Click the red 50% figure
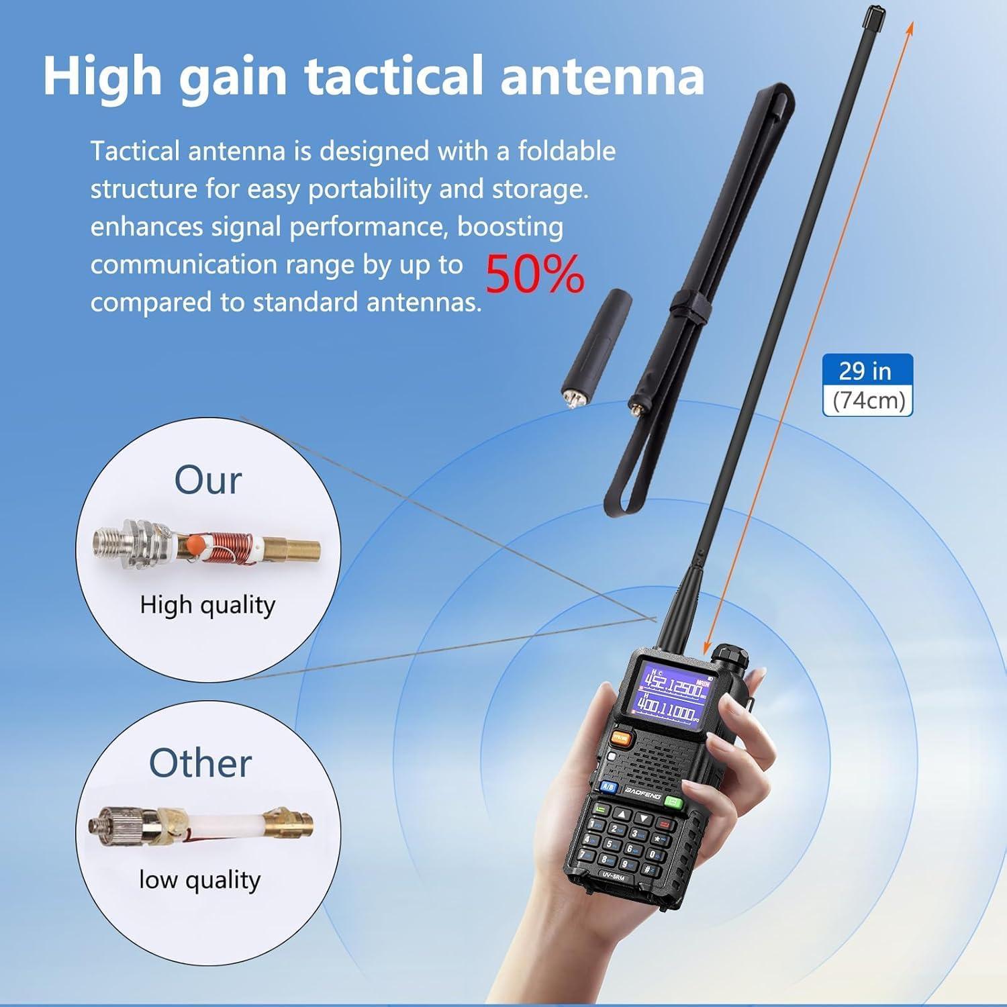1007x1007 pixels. [x=534, y=275]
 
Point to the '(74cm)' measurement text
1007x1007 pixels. [x=868, y=401]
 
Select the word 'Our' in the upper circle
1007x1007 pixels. [x=207, y=481]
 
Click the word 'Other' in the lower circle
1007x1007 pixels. [x=200, y=763]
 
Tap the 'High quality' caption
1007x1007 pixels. [x=207, y=606]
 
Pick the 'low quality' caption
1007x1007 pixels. [x=199, y=879]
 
